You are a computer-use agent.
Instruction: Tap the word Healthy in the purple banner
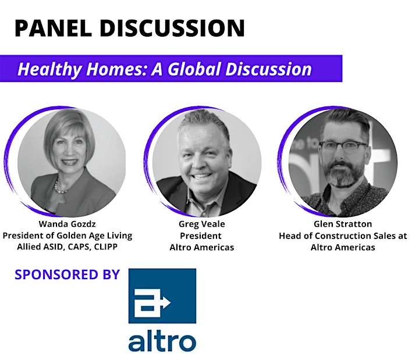[49, 69]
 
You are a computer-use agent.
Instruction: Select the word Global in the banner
[195, 69]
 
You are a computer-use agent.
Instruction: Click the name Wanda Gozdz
[67, 224]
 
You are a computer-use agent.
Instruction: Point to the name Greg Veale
[202, 224]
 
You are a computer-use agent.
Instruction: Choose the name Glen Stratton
[343, 224]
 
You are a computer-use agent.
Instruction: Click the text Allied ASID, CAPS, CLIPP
[67, 247]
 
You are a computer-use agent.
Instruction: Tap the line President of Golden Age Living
[68, 236]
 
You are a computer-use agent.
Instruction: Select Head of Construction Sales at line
[343, 236]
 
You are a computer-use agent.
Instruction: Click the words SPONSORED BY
[68, 275]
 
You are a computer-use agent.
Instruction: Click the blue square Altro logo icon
[162, 296]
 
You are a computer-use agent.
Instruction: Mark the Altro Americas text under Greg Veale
[202, 247]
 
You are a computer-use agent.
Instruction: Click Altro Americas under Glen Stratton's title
[343, 247]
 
